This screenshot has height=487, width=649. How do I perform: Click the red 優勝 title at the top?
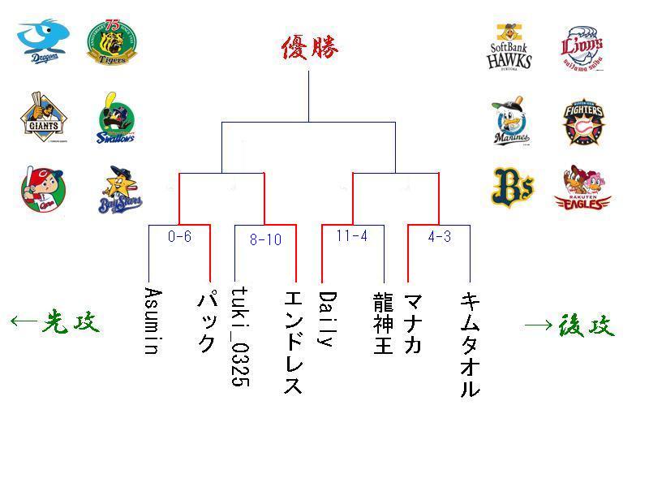(x=309, y=48)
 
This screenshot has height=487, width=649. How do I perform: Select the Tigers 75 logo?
(x=111, y=43)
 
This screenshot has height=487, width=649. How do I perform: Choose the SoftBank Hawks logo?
(x=509, y=47)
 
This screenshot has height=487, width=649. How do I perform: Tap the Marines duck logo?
(x=511, y=122)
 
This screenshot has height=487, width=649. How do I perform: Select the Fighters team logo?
(x=582, y=122)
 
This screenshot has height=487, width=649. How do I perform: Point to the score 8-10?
(x=264, y=239)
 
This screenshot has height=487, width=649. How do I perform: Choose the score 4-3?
(x=439, y=236)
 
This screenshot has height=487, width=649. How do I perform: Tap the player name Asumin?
(x=150, y=321)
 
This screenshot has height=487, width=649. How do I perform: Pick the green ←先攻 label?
(x=55, y=322)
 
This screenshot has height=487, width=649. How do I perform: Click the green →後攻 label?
(x=569, y=325)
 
